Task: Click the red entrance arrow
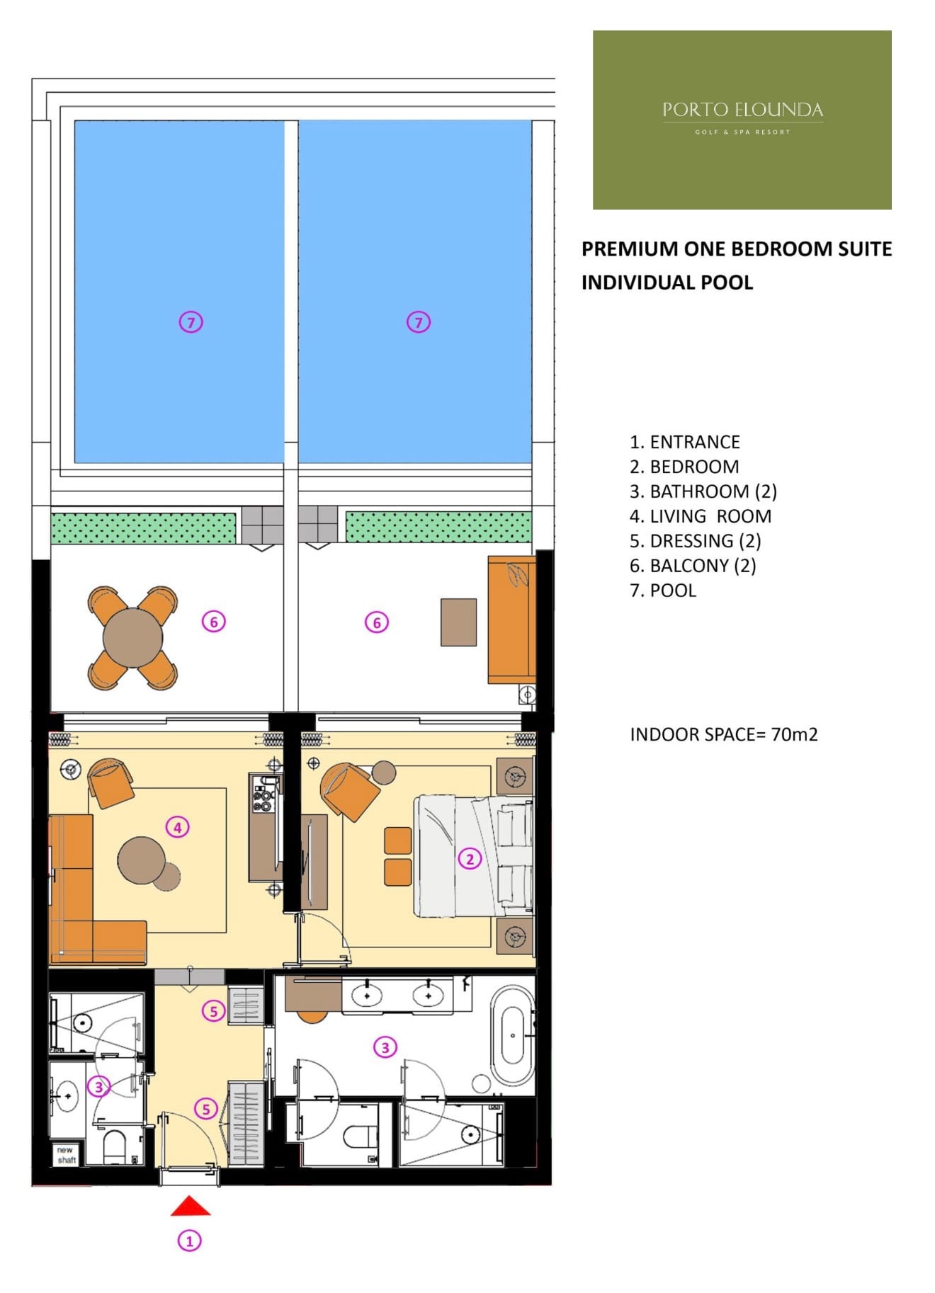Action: click(x=190, y=1206)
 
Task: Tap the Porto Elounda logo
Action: click(x=742, y=120)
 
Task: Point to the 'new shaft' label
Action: click(x=66, y=1155)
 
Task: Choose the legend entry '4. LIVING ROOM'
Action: click(x=700, y=516)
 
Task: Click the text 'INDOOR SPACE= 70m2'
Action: click(x=724, y=734)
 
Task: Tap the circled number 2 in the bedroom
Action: click(x=470, y=859)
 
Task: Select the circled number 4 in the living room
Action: click(x=177, y=827)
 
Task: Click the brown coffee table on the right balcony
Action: click(x=458, y=622)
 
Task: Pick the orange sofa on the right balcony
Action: click(x=511, y=620)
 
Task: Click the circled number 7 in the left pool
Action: click(x=191, y=322)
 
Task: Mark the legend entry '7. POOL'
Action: click(x=662, y=591)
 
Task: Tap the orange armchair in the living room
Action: click(x=110, y=782)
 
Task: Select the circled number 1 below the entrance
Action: click(x=189, y=1241)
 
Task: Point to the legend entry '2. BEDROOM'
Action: click(x=684, y=467)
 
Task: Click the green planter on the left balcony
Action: click(x=143, y=528)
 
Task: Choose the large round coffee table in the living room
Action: click(x=142, y=860)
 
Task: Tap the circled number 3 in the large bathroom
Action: click(x=385, y=1047)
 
